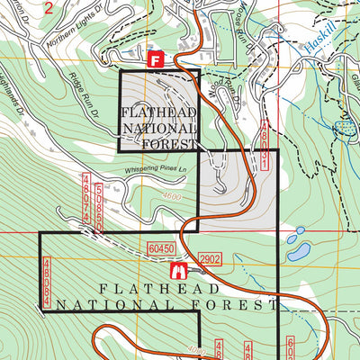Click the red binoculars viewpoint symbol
click(177, 270)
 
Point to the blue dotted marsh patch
click(342, 130)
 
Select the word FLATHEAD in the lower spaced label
click(158, 289)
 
